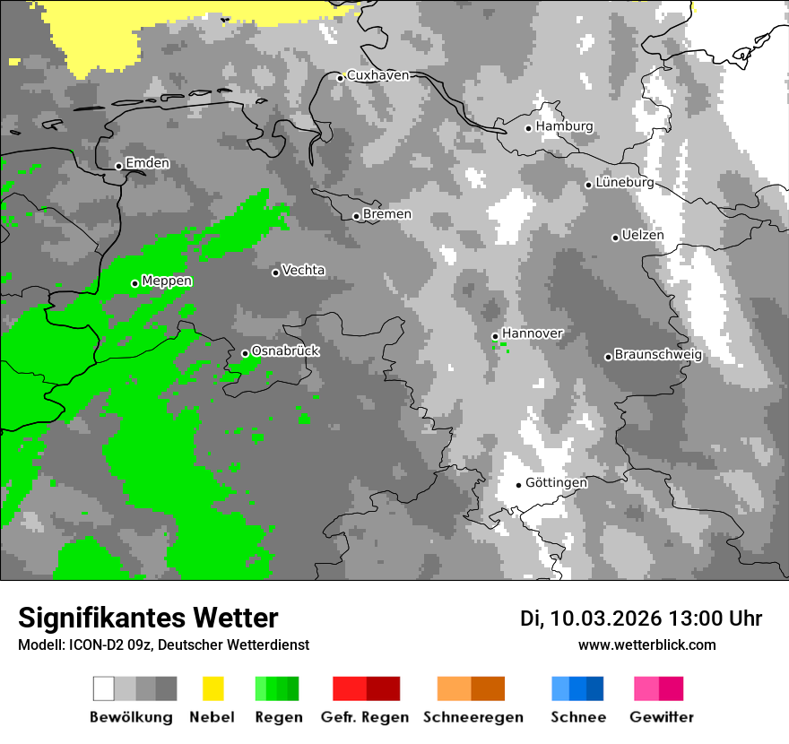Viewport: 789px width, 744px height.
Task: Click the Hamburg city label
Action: pos(565,126)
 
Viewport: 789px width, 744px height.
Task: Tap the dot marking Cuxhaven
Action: pos(340,78)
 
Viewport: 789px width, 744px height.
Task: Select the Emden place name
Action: pos(147,163)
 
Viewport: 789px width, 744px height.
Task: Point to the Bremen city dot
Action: pos(356,216)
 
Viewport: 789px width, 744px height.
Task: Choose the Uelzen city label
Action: pos(643,236)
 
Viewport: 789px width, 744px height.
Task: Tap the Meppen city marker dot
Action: pos(134,283)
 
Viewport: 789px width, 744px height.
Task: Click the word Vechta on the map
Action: pos(303,270)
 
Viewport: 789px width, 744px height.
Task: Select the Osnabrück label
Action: pos(285,350)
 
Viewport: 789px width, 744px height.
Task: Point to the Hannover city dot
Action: pos(495,336)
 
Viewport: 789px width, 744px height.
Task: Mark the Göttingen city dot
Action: pos(518,485)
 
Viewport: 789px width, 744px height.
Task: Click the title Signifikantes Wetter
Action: pos(148,618)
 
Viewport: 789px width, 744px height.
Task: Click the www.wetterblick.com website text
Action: pos(646,645)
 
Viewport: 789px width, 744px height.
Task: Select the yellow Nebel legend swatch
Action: pos(212,688)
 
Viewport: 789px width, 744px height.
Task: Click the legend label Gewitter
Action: pos(661,717)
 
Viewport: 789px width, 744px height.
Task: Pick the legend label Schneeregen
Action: pos(473,717)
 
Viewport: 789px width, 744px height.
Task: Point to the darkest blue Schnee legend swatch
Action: pos(595,688)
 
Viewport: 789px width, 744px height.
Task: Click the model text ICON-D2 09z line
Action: pos(163,645)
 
